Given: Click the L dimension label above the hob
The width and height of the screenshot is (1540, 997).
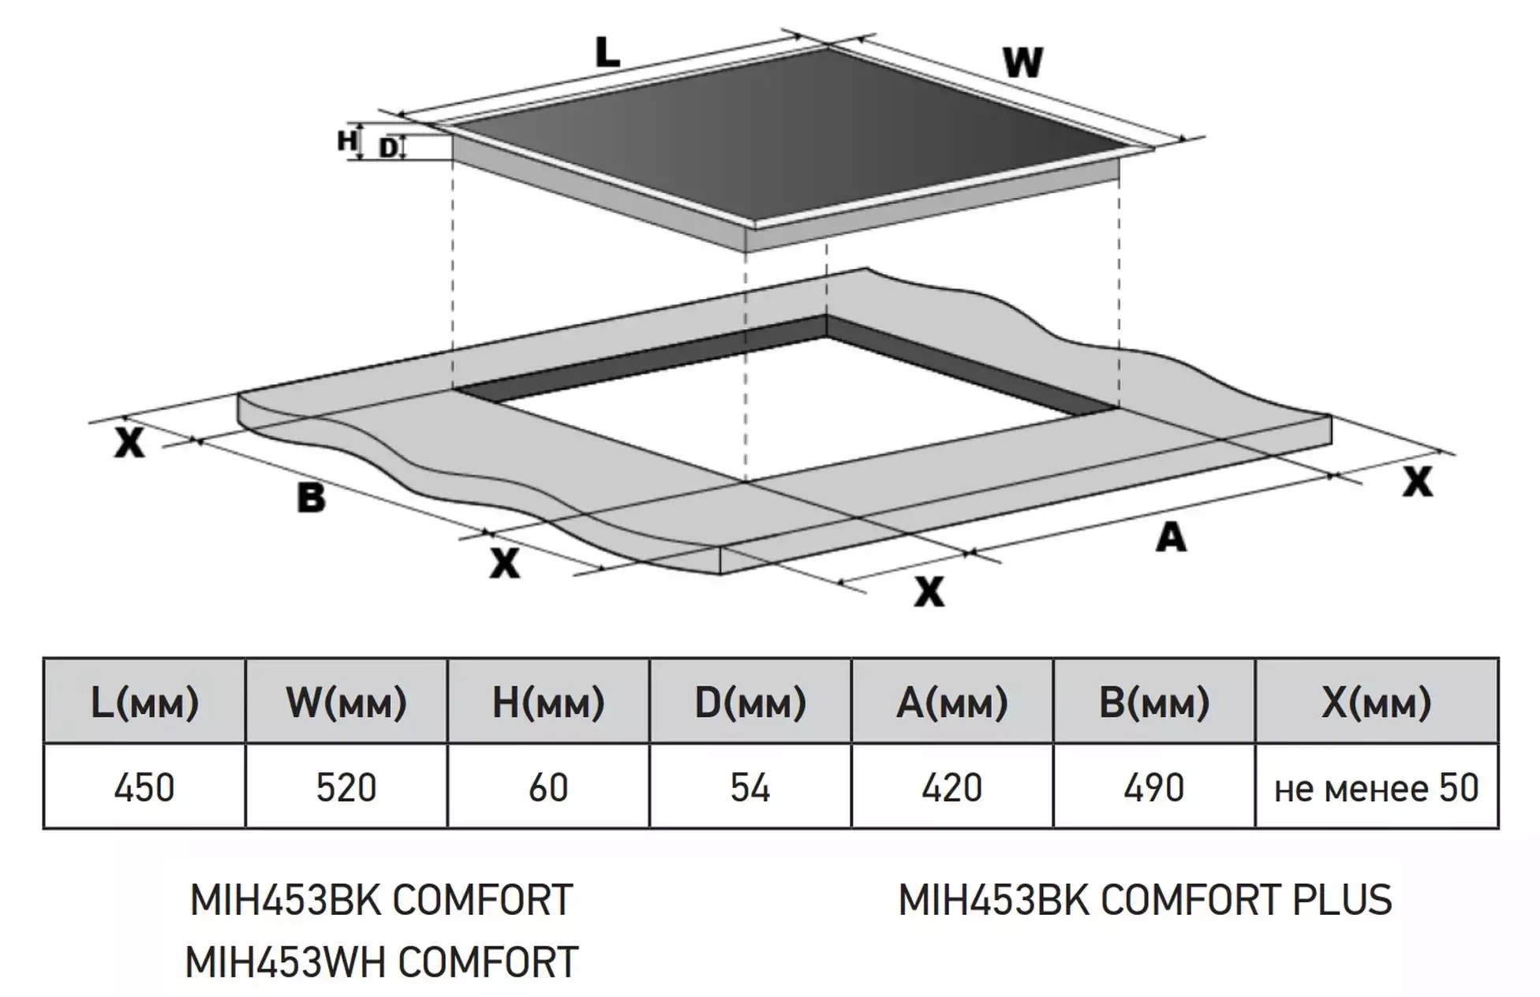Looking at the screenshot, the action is pyautogui.click(x=607, y=52).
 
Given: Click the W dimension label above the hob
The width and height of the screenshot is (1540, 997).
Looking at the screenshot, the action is pyautogui.click(x=1023, y=63).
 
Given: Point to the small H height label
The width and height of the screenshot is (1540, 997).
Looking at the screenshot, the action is pyautogui.click(x=346, y=140).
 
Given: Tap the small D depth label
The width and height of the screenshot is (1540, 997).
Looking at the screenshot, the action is pyautogui.click(x=388, y=147).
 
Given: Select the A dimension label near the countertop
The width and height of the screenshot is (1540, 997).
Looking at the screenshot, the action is pyautogui.click(x=1171, y=538).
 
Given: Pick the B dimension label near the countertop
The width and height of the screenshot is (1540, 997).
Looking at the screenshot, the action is pyautogui.click(x=311, y=498).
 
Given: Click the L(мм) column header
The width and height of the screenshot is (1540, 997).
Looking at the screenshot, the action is pyautogui.click(x=144, y=702).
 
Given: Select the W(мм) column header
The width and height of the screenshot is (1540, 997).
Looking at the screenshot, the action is pyautogui.click(x=346, y=702).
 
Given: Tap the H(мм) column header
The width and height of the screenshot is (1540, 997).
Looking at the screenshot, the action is pyautogui.click(x=548, y=702).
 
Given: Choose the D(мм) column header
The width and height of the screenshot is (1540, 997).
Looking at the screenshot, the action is pyautogui.click(x=750, y=702).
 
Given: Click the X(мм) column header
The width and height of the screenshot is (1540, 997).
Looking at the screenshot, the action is pyautogui.click(x=1377, y=702).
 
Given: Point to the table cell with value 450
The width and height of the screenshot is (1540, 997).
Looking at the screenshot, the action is pyautogui.click(x=144, y=786).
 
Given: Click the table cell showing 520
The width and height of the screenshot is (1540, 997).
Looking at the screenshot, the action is pyautogui.click(x=346, y=786).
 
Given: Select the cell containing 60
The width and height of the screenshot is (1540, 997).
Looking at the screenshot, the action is pyautogui.click(x=548, y=786).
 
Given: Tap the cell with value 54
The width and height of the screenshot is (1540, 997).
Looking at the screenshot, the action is pyautogui.click(x=750, y=786).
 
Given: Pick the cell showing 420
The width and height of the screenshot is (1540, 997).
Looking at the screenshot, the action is pyautogui.click(x=952, y=786).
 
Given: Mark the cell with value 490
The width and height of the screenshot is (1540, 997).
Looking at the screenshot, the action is pyautogui.click(x=1154, y=786).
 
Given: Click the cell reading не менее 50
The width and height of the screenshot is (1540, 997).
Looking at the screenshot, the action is pyautogui.click(x=1377, y=786).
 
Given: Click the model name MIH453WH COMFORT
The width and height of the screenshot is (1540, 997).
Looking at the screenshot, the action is pyautogui.click(x=382, y=962).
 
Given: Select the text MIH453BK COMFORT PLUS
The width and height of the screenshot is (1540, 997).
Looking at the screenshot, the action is pyautogui.click(x=1146, y=900).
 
